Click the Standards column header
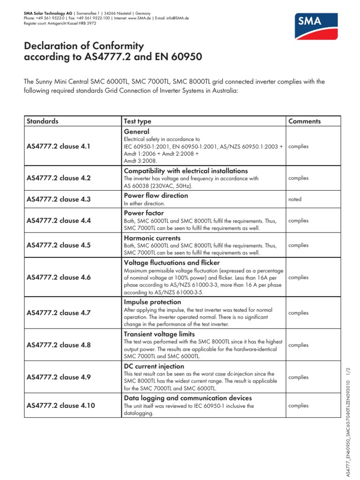[43, 121]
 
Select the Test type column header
[137, 121]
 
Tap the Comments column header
[305, 121]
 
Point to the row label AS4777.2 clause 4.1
[59, 146]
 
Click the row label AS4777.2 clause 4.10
[60, 405]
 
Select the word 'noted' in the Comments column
[295, 199]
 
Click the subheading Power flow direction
[155, 195]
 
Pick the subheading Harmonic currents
[152, 238]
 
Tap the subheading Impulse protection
[152, 302]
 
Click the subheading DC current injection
[153, 366]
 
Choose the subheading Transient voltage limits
[159, 334]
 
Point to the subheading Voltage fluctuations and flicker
[171, 262]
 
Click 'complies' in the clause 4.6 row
[299, 277]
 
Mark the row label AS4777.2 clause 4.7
[59, 313]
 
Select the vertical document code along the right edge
[348, 417]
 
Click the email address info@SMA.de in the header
[179, 18]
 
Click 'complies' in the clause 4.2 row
[299, 178]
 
